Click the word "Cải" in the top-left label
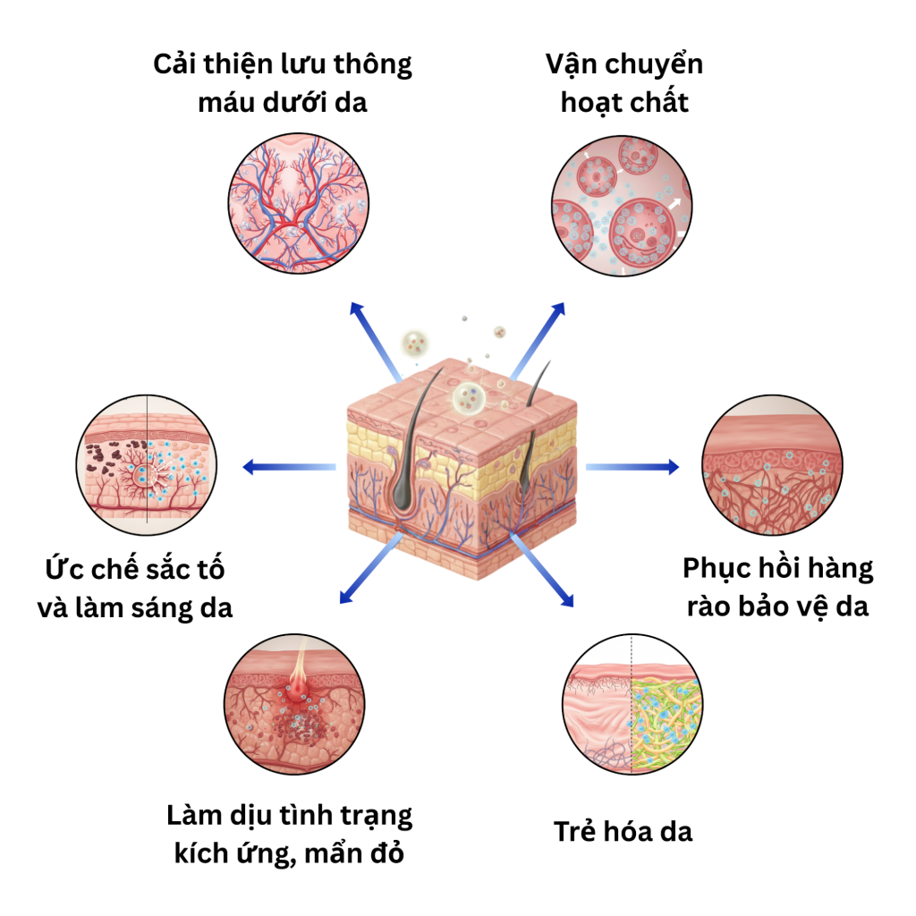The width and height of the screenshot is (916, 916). (x=174, y=64)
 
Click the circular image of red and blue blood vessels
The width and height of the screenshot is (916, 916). (x=299, y=203)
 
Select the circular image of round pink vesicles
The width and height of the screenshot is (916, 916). (x=622, y=206)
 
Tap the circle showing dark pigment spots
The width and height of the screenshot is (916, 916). (x=147, y=464)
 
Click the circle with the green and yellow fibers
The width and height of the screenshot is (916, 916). (x=632, y=704)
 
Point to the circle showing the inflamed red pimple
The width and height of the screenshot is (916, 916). (x=294, y=704)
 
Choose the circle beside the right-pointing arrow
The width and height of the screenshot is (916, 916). (x=772, y=464)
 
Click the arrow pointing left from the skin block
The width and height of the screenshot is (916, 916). (x=289, y=467)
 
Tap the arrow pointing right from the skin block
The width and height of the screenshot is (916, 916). (x=632, y=467)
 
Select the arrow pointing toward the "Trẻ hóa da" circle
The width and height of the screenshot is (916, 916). (x=542, y=570)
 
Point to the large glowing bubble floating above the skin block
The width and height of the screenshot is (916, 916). (x=469, y=397)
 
